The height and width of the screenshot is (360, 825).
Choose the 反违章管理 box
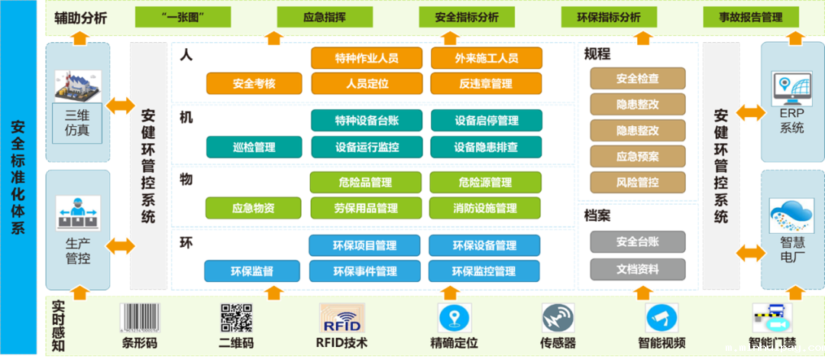click(x=486, y=83)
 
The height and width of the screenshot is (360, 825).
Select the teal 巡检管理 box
click(x=254, y=147)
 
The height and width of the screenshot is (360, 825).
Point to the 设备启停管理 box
click(x=486, y=121)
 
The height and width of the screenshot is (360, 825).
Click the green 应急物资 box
click(x=254, y=208)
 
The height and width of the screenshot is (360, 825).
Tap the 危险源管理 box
click(x=486, y=183)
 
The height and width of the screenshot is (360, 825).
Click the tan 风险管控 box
click(x=637, y=183)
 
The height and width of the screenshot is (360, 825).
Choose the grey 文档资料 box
click(x=637, y=269)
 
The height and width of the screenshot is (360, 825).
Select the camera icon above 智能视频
click(x=661, y=316)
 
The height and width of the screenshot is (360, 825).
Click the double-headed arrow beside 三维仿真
click(x=121, y=106)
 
